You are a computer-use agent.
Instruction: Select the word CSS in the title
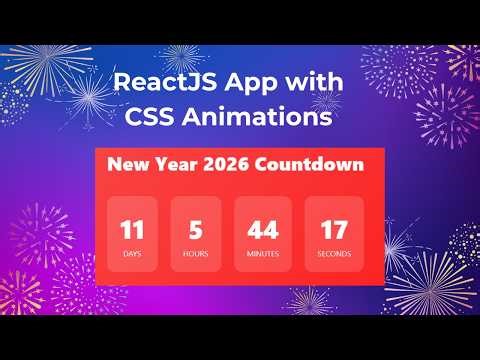[155, 117]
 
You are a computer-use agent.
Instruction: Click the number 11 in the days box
[132, 231]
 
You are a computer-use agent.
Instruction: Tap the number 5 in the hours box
[196, 231]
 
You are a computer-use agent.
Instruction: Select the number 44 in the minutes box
[263, 231]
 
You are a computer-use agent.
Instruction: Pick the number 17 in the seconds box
[333, 231]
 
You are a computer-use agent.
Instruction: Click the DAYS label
[132, 254]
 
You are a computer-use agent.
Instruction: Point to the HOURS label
[196, 254]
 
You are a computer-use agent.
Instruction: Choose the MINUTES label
[263, 254]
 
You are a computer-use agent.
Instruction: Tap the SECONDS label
[334, 254]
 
